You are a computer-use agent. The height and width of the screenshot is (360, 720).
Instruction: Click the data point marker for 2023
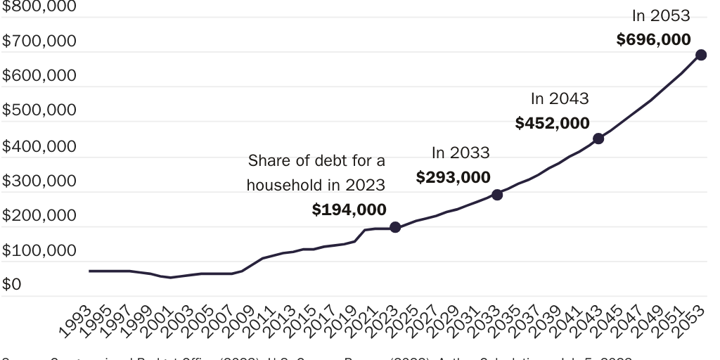coord(395,227)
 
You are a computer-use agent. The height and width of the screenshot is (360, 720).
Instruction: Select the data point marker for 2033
coord(497,195)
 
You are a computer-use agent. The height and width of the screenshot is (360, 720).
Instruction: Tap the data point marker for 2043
coord(598,139)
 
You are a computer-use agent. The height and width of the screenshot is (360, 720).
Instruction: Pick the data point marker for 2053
coord(701,55)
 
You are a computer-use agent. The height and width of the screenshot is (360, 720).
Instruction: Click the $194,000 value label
coord(349,210)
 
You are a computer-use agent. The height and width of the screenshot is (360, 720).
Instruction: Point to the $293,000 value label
coord(454,177)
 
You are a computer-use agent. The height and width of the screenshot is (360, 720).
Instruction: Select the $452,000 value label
coord(553,123)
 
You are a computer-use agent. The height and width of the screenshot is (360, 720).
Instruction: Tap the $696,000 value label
coord(654,39)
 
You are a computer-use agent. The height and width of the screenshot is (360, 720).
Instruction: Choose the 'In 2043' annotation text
coord(560,99)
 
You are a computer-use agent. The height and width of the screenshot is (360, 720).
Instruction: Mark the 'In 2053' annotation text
coord(661,15)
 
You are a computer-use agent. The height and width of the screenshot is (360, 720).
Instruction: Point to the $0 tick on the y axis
coord(13,285)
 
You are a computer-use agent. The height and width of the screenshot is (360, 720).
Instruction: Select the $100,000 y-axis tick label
coord(39,250)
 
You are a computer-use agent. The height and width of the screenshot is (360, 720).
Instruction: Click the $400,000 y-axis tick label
coord(39,146)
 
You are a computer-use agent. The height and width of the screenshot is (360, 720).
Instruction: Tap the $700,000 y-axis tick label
coord(39,41)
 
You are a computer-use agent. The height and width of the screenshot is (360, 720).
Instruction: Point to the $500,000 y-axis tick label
coord(39,111)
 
